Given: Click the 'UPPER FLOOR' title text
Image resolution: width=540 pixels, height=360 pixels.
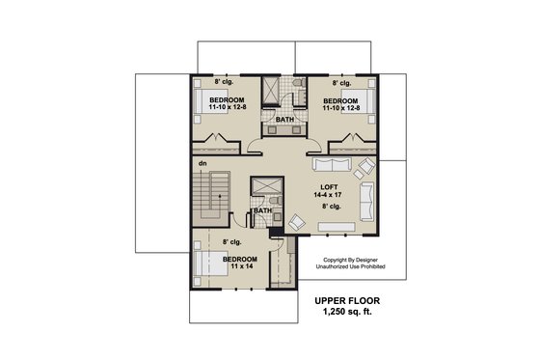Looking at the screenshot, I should click(x=353, y=301).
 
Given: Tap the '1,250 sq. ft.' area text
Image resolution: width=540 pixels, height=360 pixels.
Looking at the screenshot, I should click(x=353, y=315).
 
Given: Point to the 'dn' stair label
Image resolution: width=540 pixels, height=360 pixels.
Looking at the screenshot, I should click(x=202, y=164).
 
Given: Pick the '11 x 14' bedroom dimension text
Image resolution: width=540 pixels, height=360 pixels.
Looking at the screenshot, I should click(x=239, y=267).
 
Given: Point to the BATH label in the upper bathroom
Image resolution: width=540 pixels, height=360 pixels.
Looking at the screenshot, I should click(x=284, y=120).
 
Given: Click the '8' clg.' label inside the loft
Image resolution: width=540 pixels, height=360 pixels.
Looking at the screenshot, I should click(x=332, y=207).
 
